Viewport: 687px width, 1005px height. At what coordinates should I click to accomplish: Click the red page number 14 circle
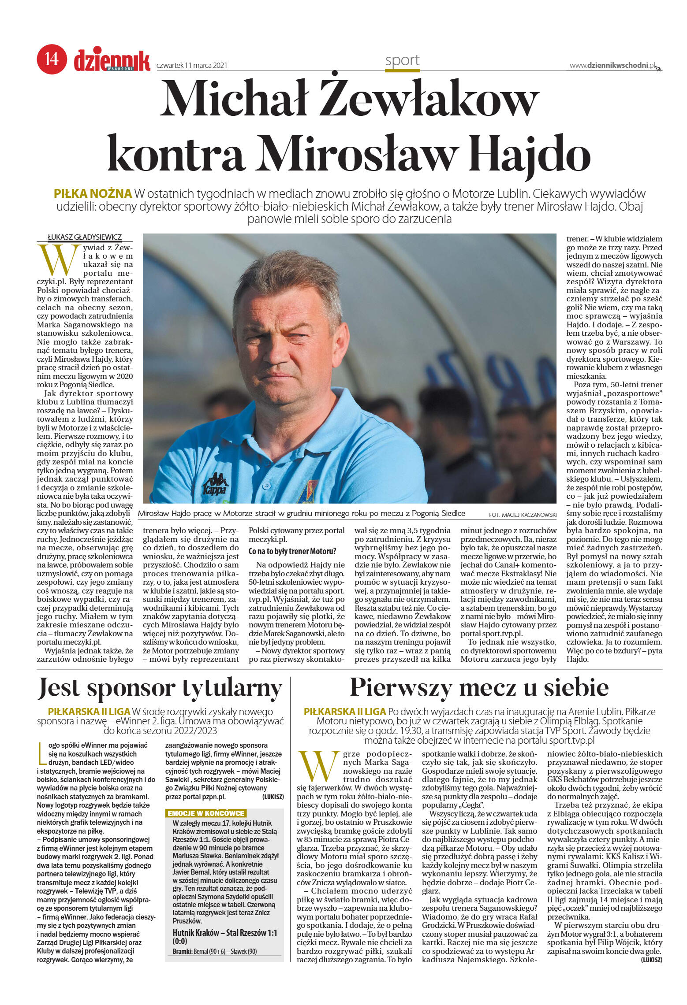52,59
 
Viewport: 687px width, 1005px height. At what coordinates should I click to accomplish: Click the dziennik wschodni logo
112,60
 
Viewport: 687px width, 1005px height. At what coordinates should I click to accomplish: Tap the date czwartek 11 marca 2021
192,65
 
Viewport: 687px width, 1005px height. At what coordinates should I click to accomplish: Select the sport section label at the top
402,60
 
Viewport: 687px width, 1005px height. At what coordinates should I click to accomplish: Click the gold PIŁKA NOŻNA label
93,193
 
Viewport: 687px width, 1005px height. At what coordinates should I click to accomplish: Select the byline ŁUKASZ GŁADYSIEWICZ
85,237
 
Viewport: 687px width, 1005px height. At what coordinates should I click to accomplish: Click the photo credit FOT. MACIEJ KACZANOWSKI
523,515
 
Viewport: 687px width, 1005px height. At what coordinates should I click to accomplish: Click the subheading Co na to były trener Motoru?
292,551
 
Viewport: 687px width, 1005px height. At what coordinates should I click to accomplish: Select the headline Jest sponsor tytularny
160,688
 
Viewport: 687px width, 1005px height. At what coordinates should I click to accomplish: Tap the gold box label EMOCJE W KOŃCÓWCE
206,813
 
